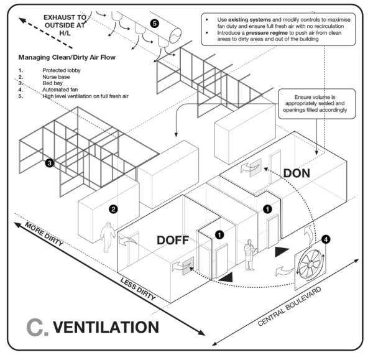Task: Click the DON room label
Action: pyautogui.click(x=297, y=174)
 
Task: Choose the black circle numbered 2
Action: pyautogui.click(x=113, y=209)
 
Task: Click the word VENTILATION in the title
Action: pyautogui.click(x=106, y=326)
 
